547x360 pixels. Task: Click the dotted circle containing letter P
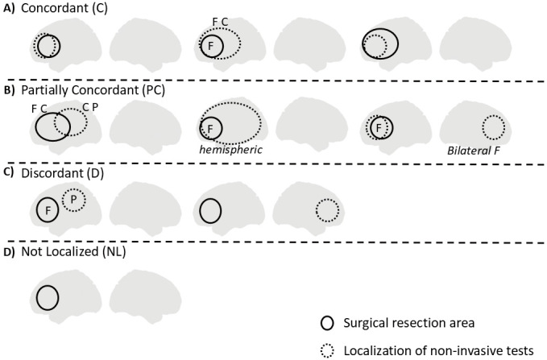(73, 198)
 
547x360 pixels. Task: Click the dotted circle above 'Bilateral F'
(493, 127)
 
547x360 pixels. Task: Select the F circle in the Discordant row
(48, 211)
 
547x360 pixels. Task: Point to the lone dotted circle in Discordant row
(326, 211)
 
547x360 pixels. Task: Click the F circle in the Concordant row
(212, 46)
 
